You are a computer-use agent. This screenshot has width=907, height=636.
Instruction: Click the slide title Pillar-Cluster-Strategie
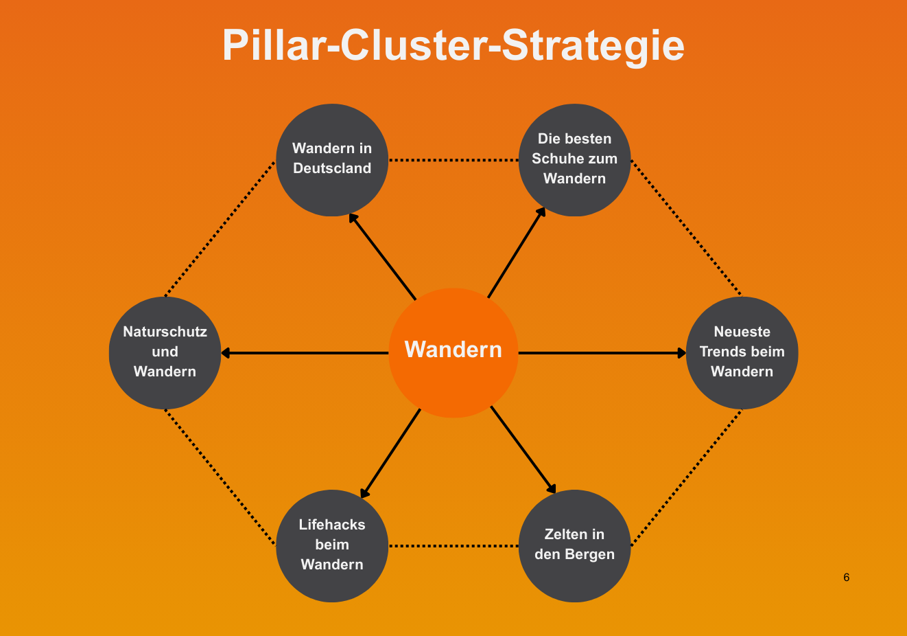(x=453, y=45)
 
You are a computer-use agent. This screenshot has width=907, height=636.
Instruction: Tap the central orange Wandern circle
(x=453, y=352)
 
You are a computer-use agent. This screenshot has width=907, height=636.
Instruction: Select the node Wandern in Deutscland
(x=332, y=159)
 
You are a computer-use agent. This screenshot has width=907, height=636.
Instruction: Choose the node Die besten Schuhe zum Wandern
(x=574, y=159)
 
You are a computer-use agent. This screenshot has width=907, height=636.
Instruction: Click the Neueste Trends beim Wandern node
(x=742, y=352)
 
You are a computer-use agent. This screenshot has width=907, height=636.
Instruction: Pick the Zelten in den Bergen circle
(x=574, y=545)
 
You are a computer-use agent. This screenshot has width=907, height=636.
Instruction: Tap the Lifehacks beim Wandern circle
(x=332, y=545)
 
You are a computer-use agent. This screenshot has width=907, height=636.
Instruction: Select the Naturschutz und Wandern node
(x=165, y=352)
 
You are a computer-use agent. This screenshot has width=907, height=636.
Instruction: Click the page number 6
(x=846, y=578)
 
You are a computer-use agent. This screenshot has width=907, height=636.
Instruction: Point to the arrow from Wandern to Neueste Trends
(x=602, y=353)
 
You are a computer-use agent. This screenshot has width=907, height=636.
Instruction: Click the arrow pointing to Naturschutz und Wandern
(x=305, y=353)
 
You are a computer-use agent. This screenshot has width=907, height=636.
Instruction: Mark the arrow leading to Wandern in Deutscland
(x=383, y=257)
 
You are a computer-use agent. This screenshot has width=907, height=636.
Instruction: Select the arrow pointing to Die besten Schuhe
(x=516, y=253)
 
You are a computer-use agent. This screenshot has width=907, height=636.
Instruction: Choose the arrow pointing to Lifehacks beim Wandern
(x=390, y=453)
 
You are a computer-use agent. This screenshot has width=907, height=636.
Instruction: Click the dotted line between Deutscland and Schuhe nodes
(x=453, y=160)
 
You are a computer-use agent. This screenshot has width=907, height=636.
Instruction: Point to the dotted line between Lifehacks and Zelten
(x=453, y=546)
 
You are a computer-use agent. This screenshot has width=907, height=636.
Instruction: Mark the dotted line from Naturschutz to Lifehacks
(x=220, y=477)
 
